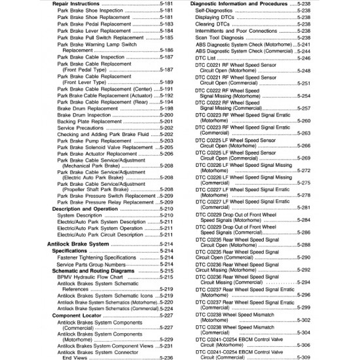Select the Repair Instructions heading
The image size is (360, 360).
(81, 4)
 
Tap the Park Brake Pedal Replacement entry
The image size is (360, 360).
(94, 24)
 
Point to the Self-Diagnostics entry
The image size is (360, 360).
(214, 11)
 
